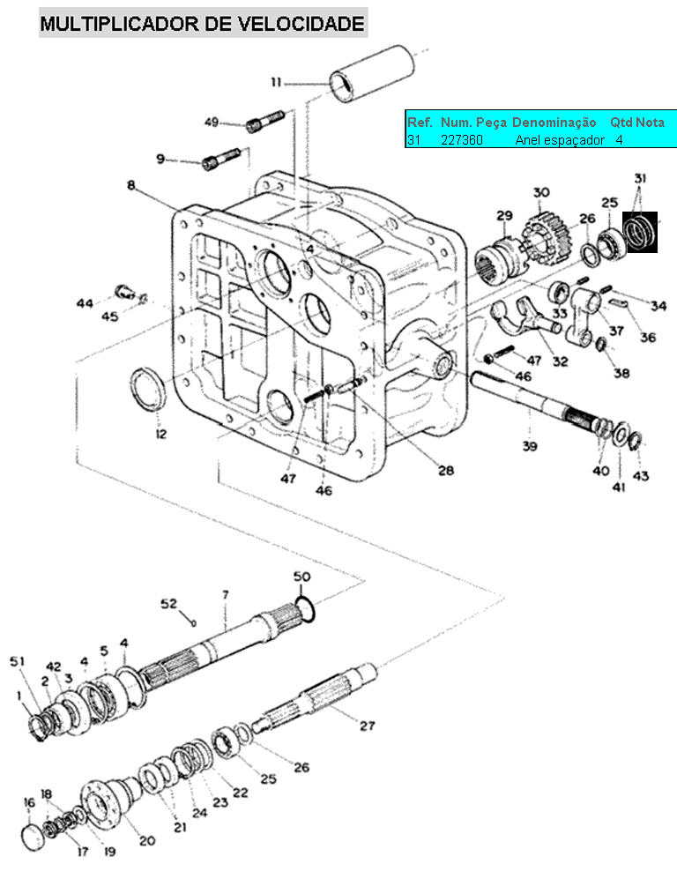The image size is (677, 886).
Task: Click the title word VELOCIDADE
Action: [301, 23]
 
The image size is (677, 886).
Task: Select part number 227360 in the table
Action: [462, 139]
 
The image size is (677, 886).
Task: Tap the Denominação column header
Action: [554, 123]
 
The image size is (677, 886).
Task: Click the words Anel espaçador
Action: [560, 140]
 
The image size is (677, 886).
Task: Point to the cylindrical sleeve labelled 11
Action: [373, 73]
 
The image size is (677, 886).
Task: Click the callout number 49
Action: [212, 122]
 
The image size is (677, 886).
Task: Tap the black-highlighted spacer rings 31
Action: [640, 232]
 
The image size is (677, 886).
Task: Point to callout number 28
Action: [446, 470]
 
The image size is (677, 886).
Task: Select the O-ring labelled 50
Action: [305, 609]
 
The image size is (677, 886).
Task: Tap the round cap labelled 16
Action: [33, 838]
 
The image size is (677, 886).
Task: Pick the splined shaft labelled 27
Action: [314, 699]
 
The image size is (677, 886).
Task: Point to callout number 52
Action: [169, 604]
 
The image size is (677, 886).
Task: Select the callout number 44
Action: [85, 304]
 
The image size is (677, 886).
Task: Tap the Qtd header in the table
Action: [621, 123]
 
